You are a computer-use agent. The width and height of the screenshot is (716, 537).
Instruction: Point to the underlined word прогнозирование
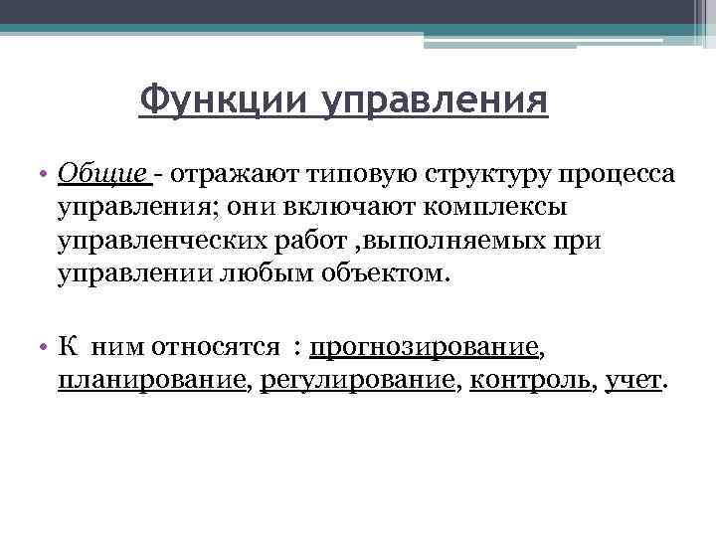point(424,348)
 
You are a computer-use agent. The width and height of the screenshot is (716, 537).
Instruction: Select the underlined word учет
point(632,381)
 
